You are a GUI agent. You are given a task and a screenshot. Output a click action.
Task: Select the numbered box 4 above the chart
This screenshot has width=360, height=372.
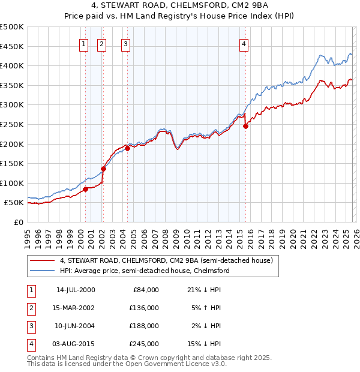coord(244,43)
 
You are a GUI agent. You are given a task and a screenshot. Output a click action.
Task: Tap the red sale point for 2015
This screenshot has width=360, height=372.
coord(245,126)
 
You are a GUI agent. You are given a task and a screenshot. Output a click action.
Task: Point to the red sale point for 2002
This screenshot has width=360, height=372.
coord(103,169)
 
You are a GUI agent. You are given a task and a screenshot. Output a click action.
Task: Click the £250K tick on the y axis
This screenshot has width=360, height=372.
coord(12,124)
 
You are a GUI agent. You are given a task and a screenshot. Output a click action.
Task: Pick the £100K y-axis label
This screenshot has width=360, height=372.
coord(12,183)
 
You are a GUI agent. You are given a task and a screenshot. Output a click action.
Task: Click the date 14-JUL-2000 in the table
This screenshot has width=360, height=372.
coord(76,290)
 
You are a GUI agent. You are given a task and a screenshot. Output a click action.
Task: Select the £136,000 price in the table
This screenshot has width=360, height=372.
coord(144,308)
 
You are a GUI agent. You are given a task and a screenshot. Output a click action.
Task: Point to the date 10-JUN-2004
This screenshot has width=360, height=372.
coord(76,326)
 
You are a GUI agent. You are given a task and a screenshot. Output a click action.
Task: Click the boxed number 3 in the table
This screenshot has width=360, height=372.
coord(31,326)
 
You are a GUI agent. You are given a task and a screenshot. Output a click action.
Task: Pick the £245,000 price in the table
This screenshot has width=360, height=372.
coord(144,344)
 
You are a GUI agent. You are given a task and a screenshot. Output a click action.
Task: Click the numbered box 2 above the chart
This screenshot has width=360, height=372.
coord(101,43)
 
